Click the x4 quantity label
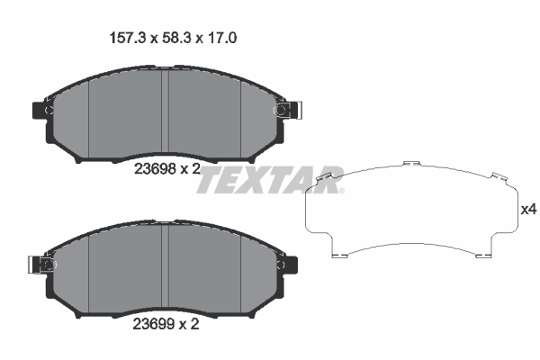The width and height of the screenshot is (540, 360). tap(529, 210)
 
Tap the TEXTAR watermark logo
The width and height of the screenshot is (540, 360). tap(270, 180)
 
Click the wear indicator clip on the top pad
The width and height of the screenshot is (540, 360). tap(286, 110)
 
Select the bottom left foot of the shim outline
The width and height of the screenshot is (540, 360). tap(339, 255)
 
